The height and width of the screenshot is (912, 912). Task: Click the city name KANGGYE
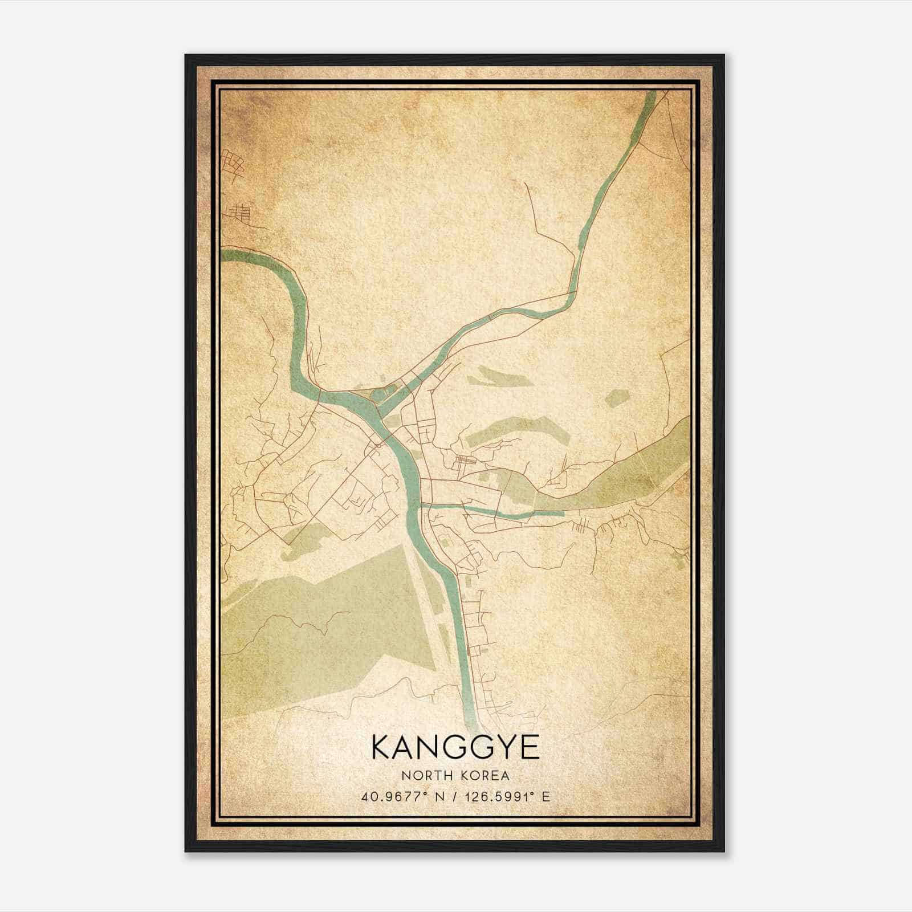click(x=455, y=747)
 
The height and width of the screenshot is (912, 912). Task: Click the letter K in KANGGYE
click(x=381, y=747)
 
